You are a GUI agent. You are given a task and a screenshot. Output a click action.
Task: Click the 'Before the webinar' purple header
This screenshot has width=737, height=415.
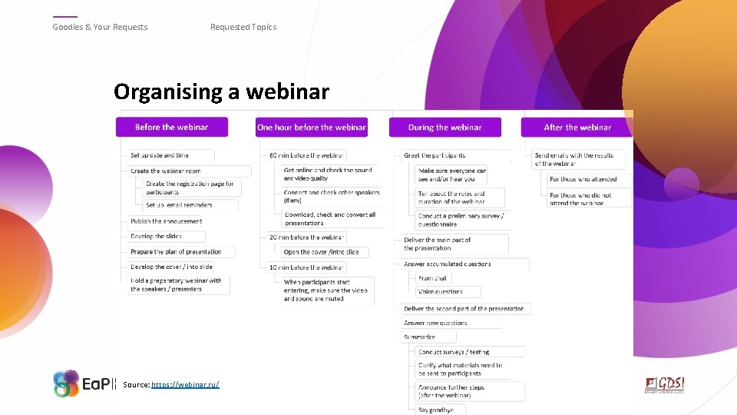click(x=172, y=127)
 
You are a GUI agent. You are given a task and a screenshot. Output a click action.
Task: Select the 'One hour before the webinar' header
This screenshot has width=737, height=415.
click(x=312, y=127)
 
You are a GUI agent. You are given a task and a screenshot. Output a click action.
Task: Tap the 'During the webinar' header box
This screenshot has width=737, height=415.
click(x=445, y=127)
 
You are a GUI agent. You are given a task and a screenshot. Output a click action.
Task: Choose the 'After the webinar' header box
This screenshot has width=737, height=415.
click(x=577, y=127)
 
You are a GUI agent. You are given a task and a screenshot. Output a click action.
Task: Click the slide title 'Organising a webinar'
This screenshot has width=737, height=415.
click(x=221, y=92)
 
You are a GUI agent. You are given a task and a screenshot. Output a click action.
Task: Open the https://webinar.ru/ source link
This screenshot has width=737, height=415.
click(x=185, y=383)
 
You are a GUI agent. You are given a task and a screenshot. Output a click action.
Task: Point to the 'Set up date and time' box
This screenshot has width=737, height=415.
click(x=160, y=155)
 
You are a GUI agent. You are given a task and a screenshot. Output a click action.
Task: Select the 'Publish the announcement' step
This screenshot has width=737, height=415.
click(x=167, y=221)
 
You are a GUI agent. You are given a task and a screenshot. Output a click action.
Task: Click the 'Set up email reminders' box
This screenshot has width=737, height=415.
click(x=180, y=205)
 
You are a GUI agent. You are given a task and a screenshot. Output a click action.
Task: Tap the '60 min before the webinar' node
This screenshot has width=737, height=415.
click(x=306, y=155)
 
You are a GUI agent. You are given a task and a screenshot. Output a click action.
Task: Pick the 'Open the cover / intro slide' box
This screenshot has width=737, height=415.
click(x=321, y=252)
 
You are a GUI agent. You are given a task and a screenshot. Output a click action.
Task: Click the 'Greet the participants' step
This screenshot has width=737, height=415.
click(x=435, y=155)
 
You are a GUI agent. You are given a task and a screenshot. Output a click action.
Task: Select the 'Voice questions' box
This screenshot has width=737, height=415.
click(x=441, y=292)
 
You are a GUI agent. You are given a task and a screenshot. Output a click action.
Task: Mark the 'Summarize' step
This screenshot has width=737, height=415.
click(x=419, y=337)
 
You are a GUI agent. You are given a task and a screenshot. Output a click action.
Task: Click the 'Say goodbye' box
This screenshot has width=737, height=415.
click(x=436, y=410)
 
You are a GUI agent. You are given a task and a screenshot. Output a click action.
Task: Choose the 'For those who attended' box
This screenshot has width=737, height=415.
click(x=583, y=179)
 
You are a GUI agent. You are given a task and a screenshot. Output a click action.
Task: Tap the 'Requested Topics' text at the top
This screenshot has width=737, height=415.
click(x=243, y=27)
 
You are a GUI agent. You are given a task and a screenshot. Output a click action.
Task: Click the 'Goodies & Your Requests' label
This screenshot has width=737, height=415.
click(x=100, y=27)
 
